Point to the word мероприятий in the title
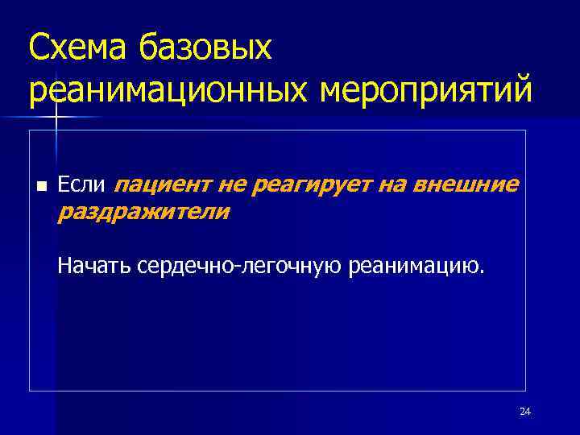click(x=426, y=91)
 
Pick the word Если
click(x=81, y=186)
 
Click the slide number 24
click(x=525, y=412)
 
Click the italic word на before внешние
click(x=391, y=186)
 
